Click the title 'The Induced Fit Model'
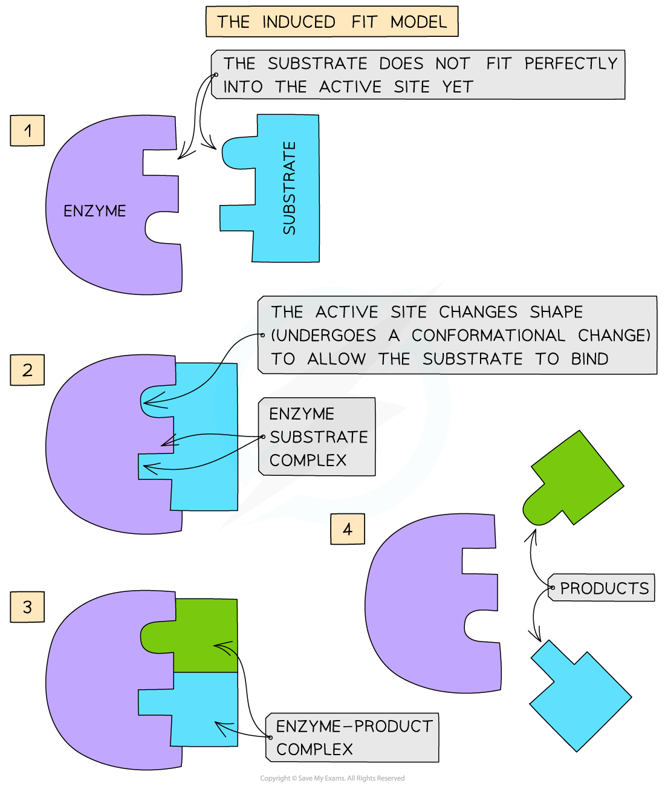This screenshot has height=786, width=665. point(331,22)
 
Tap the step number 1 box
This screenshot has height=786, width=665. point(27,131)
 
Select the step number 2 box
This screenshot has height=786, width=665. point(27,369)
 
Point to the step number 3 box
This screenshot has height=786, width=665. point(27,606)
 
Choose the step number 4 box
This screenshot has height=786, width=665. point(347,530)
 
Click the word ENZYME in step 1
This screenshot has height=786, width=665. point(95,211)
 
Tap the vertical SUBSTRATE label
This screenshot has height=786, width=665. point(290,188)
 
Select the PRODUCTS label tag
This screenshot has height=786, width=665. point(603,588)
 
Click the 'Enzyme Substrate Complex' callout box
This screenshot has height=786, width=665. point(318,437)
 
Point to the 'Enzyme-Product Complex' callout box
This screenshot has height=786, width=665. point(354,737)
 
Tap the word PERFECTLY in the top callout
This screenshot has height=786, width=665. point(571,63)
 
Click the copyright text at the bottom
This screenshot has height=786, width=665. point(332,778)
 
